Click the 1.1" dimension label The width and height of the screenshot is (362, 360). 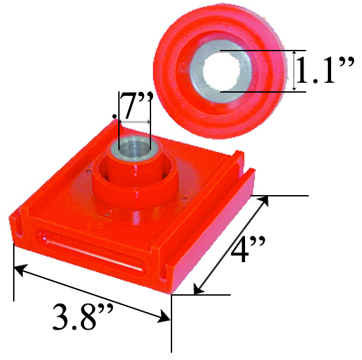coord(326,72)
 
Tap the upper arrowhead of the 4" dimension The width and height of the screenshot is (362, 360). coord(267,202)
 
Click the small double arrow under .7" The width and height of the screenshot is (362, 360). coord(135,122)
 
